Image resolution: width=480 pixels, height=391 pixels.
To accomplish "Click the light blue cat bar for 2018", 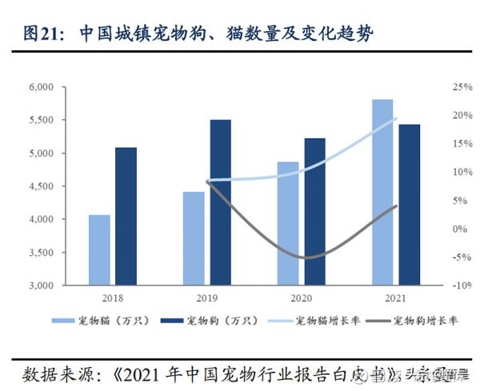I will coord(99,249).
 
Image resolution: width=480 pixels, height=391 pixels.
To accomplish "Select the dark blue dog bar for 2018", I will coord(126,216).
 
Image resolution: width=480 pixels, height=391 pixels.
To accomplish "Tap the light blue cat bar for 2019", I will coord(194,238).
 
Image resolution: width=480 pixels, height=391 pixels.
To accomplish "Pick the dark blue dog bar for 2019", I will coord(220,202).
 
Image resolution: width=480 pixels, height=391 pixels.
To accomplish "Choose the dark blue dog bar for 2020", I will coord(314,211).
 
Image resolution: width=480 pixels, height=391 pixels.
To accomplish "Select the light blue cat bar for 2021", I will coord(382,192).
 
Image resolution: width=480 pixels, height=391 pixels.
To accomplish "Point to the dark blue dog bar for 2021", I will coord(409,205).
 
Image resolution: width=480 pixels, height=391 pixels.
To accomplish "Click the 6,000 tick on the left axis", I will coord(40,87).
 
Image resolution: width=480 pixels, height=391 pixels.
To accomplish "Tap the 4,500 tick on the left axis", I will coord(40,186).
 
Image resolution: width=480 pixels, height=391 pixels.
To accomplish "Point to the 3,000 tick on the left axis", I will coord(40,285).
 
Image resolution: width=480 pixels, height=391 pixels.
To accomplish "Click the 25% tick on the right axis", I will coord(461,87).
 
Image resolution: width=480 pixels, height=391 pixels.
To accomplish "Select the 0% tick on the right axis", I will coord(458,229).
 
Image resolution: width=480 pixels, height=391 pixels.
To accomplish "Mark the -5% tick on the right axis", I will coord(460,257).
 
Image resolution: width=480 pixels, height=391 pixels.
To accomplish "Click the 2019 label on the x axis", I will coord(206,297).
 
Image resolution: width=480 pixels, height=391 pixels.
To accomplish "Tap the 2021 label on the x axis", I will coord(395,297).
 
